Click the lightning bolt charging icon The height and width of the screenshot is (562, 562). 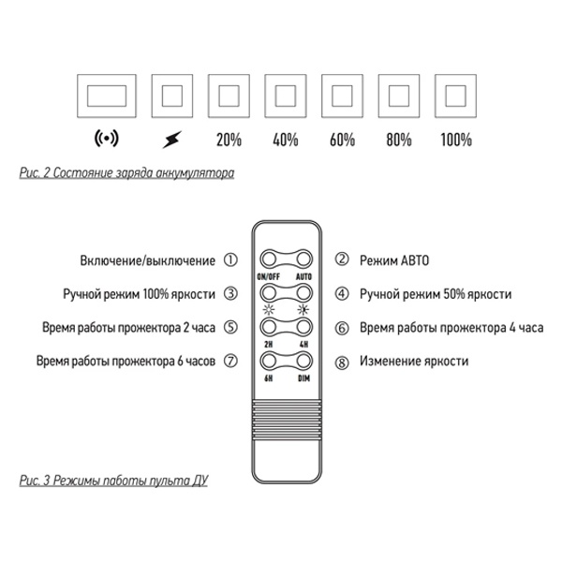coord(171,140)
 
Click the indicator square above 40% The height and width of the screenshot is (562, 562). coord(286,96)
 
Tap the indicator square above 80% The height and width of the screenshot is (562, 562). coord(398,96)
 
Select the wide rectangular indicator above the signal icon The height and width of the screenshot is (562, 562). coord(109,96)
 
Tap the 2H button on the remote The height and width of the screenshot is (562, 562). coord(269,326)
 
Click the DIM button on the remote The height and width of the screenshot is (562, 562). coord(303,361)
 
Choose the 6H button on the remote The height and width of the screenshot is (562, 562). coord(269,361)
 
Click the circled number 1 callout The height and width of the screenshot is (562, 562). coord(231,259)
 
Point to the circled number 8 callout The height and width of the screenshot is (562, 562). coord(342,361)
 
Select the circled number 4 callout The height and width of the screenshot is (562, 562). coord(342,293)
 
